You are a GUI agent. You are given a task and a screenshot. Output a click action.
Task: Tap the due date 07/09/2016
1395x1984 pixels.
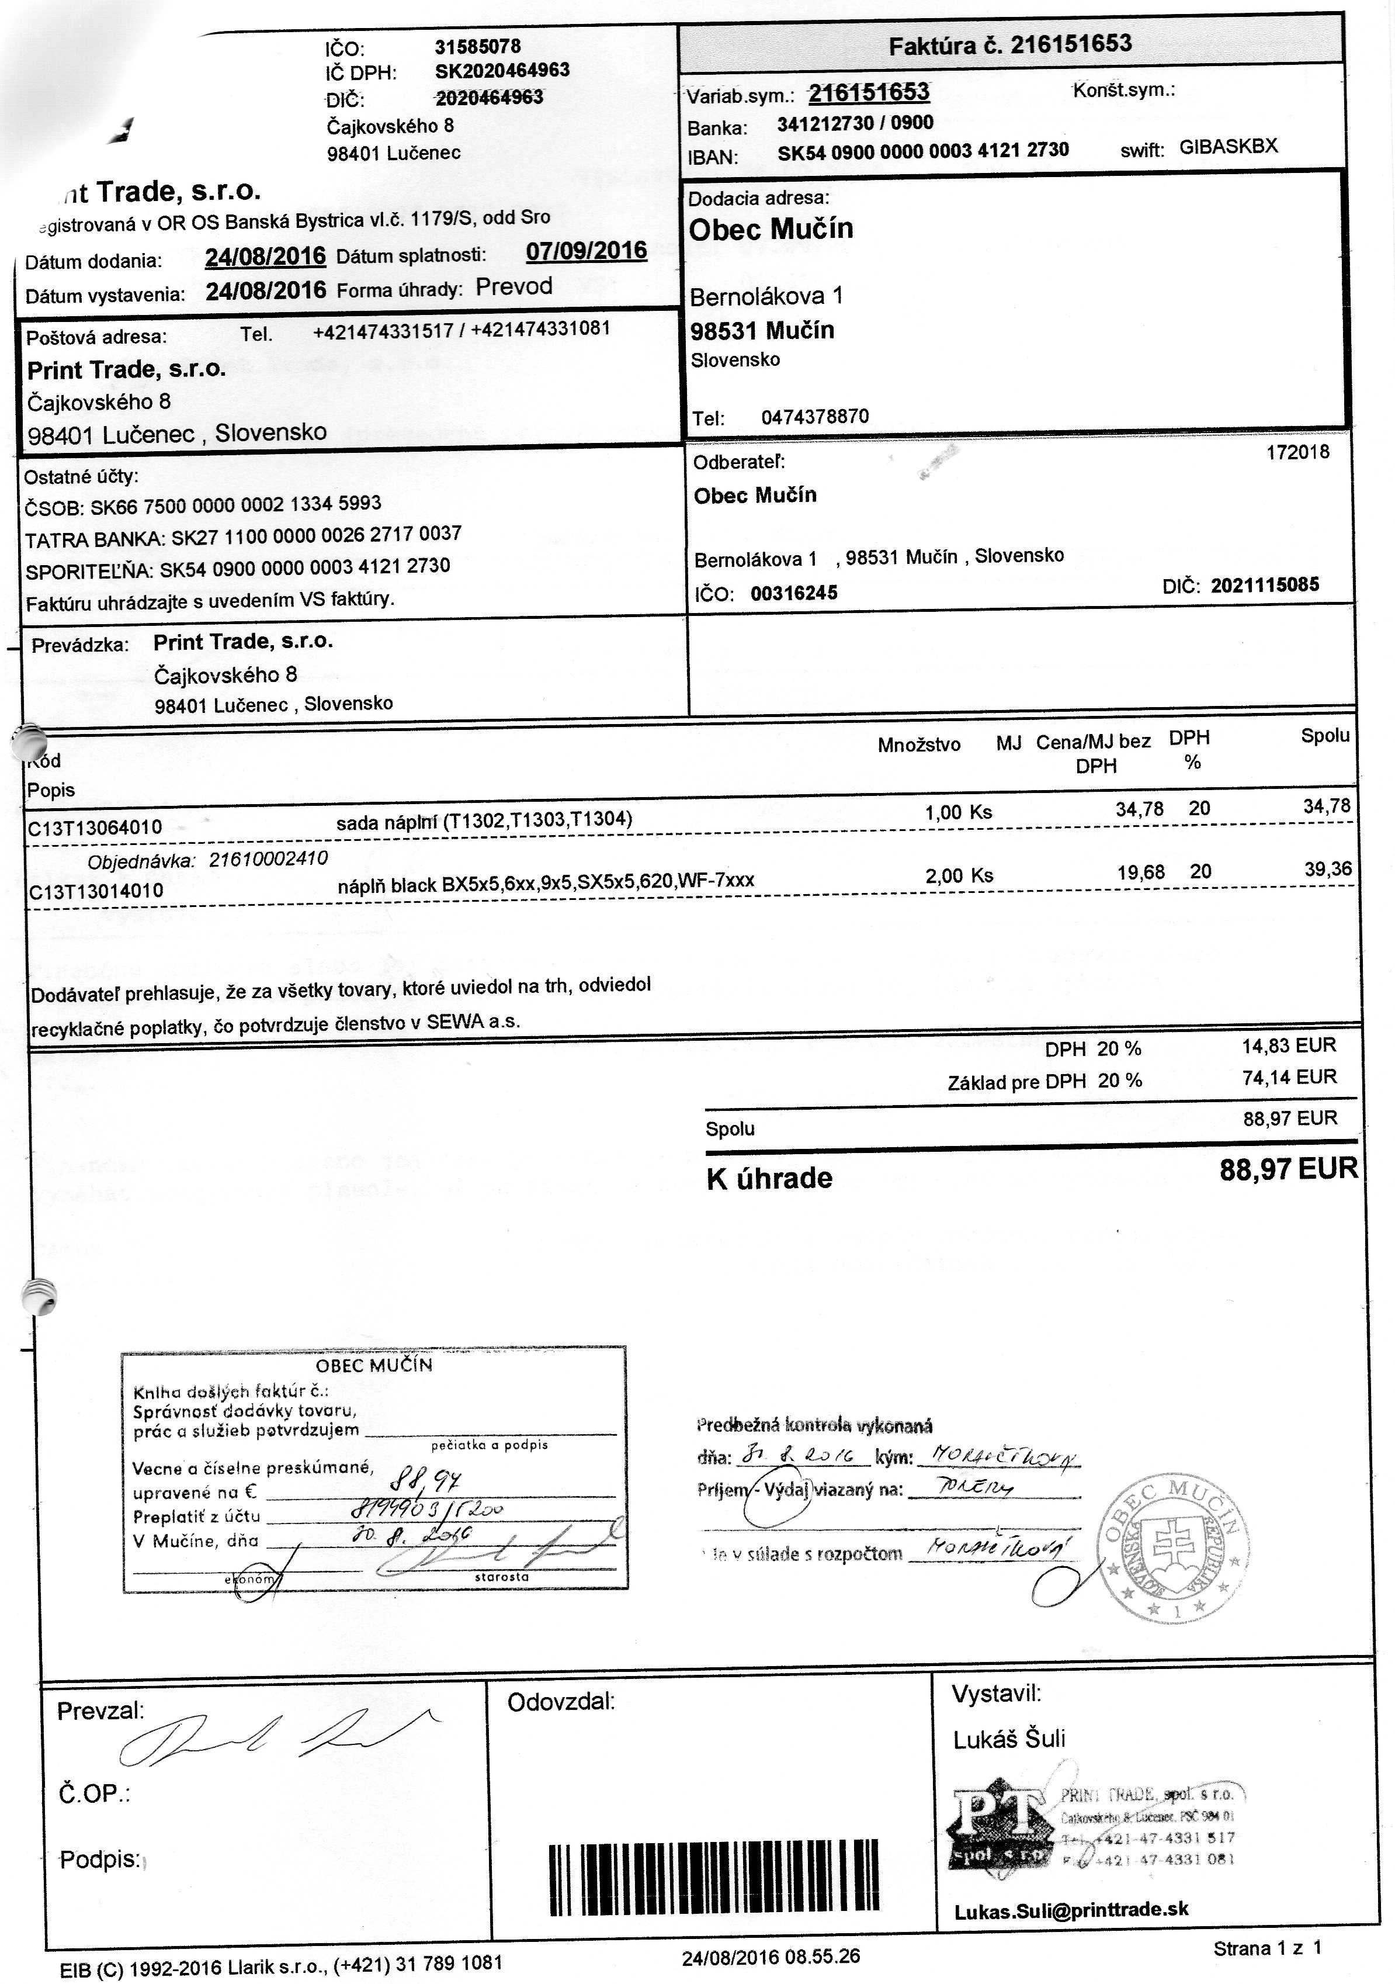[586, 251]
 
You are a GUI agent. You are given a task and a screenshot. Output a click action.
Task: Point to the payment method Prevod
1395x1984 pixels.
[514, 287]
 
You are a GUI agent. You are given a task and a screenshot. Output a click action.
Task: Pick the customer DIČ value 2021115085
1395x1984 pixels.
[1265, 585]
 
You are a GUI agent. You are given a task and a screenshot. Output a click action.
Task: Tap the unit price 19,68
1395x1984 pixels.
[1140, 872]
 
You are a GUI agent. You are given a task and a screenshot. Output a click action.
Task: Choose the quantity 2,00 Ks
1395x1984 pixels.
[959, 875]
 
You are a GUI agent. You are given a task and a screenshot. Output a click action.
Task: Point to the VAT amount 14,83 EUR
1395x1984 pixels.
[1289, 1045]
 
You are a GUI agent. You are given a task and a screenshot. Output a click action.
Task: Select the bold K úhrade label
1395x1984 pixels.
[769, 1179]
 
